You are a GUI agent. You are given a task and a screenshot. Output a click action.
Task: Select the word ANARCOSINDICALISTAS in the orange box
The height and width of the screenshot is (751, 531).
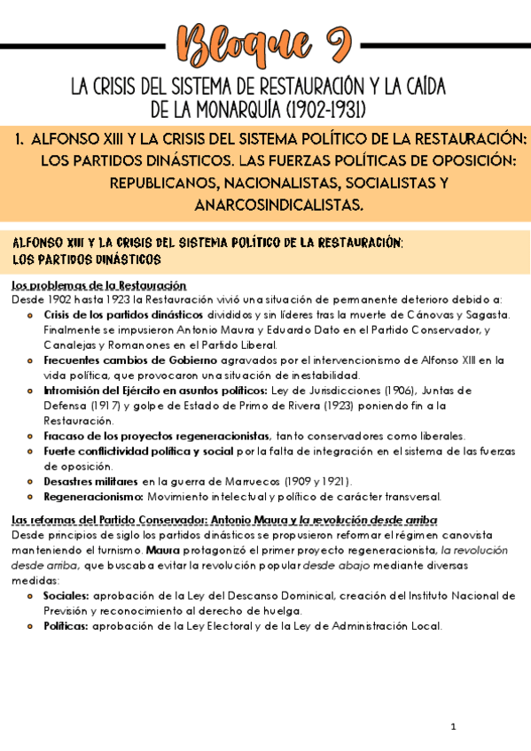277,205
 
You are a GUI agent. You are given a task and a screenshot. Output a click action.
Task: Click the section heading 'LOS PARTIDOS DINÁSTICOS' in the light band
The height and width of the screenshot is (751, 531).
86,259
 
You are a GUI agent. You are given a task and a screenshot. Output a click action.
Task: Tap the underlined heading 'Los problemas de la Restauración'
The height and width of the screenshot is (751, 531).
98,285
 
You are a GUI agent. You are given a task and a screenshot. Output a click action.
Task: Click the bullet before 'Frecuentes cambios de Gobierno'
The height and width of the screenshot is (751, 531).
33,360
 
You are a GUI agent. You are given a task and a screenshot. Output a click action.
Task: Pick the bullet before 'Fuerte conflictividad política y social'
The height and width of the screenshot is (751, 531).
33,452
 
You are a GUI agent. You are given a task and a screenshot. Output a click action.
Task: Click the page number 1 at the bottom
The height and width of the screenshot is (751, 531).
453,727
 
